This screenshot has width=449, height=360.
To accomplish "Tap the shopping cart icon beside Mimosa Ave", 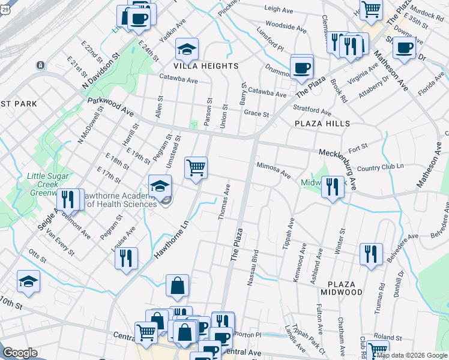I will (196, 167).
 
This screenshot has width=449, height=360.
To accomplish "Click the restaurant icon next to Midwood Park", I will (332, 187).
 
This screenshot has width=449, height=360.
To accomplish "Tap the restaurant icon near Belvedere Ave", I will (371, 253).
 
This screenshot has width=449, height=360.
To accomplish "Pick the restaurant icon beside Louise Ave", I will (126, 258).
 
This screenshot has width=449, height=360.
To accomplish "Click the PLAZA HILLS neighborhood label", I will (322, 123).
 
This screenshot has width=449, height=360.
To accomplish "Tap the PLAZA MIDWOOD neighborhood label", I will (345, 287).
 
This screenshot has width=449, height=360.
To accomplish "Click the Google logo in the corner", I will (20, 353).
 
